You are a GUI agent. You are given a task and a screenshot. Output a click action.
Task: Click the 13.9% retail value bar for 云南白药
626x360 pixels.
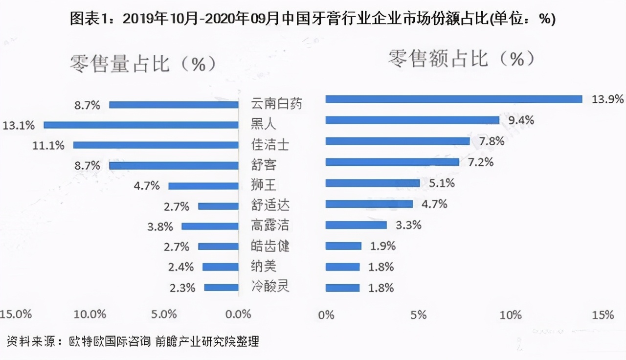pyautogui.click(x=453, y=99)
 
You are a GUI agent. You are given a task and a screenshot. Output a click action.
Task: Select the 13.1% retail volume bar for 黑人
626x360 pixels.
pyautogui.click(x=141, y=125)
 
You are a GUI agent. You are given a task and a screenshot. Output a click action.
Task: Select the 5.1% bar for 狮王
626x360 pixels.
pyautogui.click(x=372, y=183)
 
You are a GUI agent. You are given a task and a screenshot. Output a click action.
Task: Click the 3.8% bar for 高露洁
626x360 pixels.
pyautogui.click(x=210, y=226)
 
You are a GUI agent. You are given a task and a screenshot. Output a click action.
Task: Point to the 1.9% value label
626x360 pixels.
pyautogui.click(x=382, y=246)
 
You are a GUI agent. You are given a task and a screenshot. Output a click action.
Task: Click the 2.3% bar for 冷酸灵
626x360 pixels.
pyautogui.click(x=221, y=288)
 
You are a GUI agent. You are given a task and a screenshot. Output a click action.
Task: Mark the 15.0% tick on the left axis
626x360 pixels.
pyautogui.click(x=16, y=314)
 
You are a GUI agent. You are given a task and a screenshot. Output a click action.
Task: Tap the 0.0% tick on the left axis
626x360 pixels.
pyautogui.click(x=237, y=314)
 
